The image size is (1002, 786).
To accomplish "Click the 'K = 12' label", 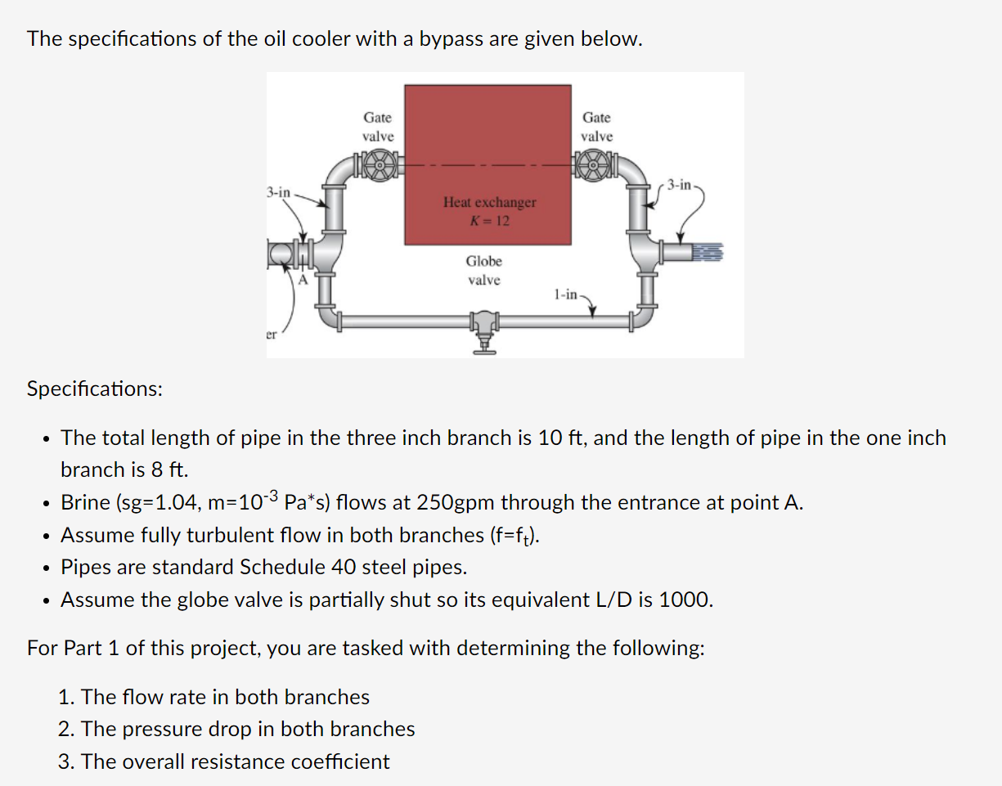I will point(489,220).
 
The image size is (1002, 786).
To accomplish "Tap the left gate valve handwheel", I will point(379,164).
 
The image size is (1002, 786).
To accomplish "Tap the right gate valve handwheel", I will point(596,164).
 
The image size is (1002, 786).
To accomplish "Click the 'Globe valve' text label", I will point(483,271).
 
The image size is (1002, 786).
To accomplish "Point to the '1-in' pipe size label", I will point(565,294).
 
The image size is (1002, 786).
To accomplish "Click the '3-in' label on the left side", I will point(278,192).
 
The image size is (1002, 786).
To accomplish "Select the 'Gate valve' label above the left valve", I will point(378,127).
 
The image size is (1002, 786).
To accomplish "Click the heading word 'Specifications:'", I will point(94,389).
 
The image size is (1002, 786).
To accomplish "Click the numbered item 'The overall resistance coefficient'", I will point(236,761).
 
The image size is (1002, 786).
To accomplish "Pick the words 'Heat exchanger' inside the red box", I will point(489,202).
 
